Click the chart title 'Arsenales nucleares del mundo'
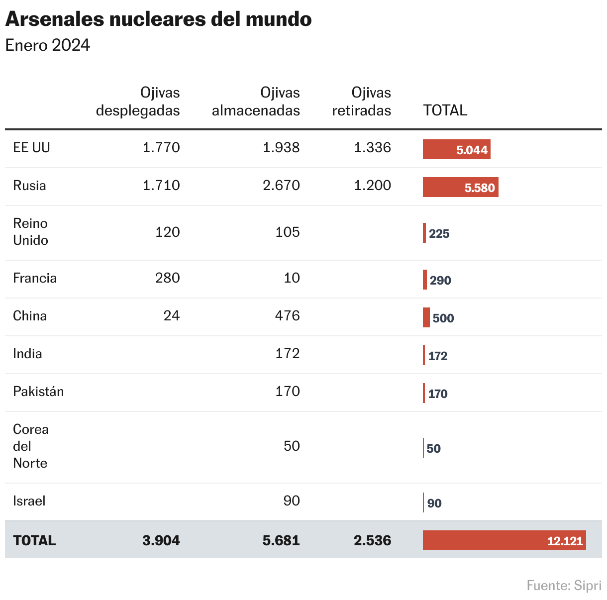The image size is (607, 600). (x=158, y=19)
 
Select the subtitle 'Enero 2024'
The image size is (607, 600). (x=48, y=45)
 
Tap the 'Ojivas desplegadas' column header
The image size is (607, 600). (x=138, y=101)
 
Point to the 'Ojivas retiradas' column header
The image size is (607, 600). (x=362, y=101)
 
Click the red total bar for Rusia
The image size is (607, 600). (x=460, y=188)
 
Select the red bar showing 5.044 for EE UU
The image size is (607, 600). (x=456, y=150)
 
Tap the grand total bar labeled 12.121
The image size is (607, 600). (x=504, y=541)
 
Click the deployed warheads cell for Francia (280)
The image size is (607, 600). (x=167, y=278)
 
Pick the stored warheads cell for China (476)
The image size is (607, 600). (x=288, y=315)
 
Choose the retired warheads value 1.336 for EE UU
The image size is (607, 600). (x=372, y=148)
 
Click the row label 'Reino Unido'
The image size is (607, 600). (x=31, y=232)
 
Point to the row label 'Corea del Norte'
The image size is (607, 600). (x=31, y=446)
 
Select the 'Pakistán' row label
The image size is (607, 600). (x=38, y=392)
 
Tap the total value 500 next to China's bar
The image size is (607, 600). (x=443, y=318)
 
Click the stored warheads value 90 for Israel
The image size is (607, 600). (x=292, y=500)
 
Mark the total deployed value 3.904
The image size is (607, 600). (x=161, y=541)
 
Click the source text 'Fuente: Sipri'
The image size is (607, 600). (x=564, y=586)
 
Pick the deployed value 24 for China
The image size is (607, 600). (x=172, y=315)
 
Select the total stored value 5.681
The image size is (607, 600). (x=281, y=541)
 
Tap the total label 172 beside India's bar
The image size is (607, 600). (x=438, y=356)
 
